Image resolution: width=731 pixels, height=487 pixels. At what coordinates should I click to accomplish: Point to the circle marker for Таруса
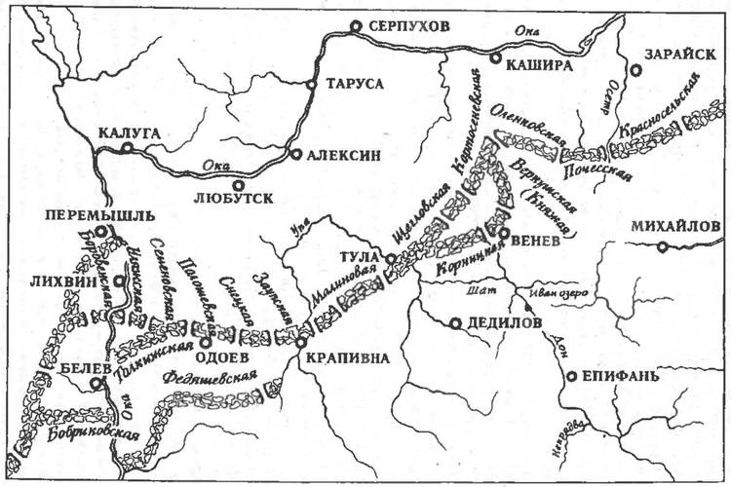point(311,85)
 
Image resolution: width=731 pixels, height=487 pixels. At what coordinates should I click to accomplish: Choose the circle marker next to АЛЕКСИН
point(295,154)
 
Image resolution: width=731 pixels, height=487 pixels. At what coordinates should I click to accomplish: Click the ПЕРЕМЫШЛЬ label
point(89,215)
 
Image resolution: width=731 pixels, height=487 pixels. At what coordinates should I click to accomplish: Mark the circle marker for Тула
point(389,259)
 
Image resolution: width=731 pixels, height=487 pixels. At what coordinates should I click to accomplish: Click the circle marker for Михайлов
point(663,247)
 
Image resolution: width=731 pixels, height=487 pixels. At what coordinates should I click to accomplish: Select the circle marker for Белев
point(96,384)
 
